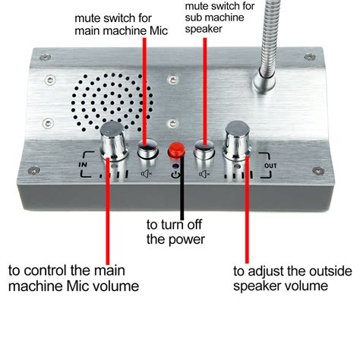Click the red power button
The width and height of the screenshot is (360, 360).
coord(176,150)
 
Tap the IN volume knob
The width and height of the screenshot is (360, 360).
coord(113,142)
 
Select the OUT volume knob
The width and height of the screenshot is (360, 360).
coord(237,141)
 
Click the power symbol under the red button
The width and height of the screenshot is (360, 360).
coord(175,174)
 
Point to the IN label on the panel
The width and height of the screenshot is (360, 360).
coord(83,165)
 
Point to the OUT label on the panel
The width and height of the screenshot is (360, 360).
coord(270,166)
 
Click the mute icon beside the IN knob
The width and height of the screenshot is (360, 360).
coord(147,174)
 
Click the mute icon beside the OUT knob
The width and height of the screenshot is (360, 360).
coord(204,174)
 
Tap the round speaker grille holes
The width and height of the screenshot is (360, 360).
coord(112,102)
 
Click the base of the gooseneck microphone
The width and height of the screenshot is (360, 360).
coord(264,81)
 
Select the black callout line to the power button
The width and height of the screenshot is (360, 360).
coord(182,187)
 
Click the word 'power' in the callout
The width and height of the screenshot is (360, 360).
coord(187,240)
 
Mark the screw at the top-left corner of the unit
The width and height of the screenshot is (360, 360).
coord(45,57)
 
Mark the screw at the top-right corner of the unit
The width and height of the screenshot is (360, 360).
coord(310,57)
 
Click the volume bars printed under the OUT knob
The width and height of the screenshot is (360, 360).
coord(238,175)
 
